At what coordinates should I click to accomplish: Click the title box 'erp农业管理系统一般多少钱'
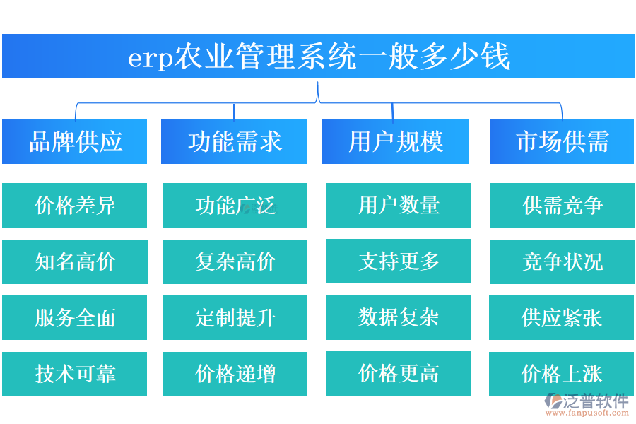click(318, 57)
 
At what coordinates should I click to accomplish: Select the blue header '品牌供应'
click(75, 142)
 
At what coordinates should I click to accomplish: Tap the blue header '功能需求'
click(235, 142)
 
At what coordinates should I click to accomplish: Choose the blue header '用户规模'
click(395, 142)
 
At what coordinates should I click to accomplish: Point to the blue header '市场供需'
click(562, 142)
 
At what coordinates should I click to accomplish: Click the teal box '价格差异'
click(75, 206)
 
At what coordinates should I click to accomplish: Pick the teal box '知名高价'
click(75, 262)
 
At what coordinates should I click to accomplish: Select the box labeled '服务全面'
click(75, 318)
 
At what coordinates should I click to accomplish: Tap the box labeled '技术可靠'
click(75, 374)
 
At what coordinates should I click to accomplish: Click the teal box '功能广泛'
click(235, 206)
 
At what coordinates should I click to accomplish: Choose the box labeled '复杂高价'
click(235, 262)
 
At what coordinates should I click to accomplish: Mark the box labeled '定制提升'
click(235, 318)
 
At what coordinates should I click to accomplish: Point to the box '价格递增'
click(235, 374)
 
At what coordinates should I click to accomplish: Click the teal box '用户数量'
click(399, 206)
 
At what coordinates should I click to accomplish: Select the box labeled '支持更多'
click(399, 261)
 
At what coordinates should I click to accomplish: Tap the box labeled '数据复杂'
click(399, 317)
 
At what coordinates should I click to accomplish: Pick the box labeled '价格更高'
click(399, 373)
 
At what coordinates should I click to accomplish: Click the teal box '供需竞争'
click(562, 206)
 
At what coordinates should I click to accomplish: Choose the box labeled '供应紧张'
click(562, 318)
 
